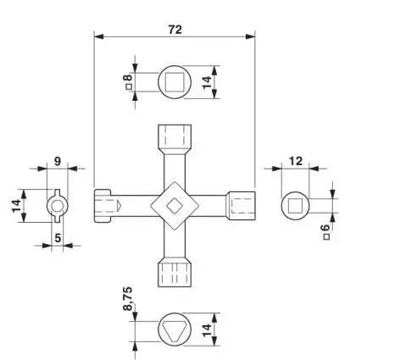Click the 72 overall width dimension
click(175, 30)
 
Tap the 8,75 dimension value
click(128, 299)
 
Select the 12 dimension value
click(296, 161)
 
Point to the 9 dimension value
click(58, 162)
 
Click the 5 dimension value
click(58, 238)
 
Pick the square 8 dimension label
click(129, 82)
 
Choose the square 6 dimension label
click(326, 232)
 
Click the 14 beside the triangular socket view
click(207, 330)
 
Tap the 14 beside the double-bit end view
click(16, 206)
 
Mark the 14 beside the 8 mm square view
click(207, 82)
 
